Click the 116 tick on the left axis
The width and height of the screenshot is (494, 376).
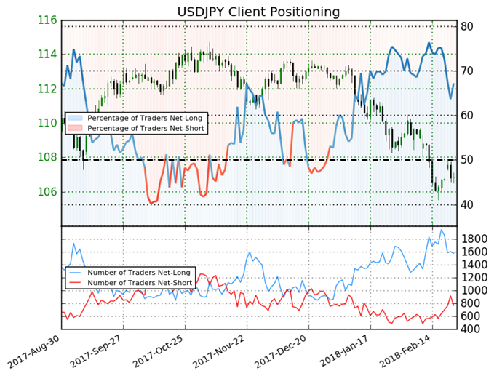click(x=47, y=20)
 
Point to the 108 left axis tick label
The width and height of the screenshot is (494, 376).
click(x=47, y=157)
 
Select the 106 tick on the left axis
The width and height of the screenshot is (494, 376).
click(x=47, y=192)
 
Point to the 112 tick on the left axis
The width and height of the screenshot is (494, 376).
click(x=47, y=89)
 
